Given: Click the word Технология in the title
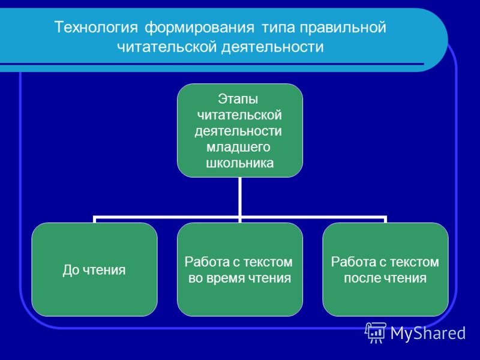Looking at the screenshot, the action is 96,28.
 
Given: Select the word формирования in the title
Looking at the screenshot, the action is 199,28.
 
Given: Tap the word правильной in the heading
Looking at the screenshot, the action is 343,28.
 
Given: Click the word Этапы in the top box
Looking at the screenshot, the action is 238,99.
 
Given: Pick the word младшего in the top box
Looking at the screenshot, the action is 238,147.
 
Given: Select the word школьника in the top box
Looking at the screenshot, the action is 239,163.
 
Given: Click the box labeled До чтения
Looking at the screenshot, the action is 94,269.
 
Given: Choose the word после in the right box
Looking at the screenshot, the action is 363,278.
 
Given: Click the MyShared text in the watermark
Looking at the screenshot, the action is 428,333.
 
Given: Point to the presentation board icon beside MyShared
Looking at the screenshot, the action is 376,332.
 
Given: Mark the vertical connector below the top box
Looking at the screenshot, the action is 239,198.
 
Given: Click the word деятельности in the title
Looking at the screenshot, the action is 272,47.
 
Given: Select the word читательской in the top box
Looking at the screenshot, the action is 239,115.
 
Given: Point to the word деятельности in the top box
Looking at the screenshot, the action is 238,131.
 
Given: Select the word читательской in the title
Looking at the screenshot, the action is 167,47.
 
